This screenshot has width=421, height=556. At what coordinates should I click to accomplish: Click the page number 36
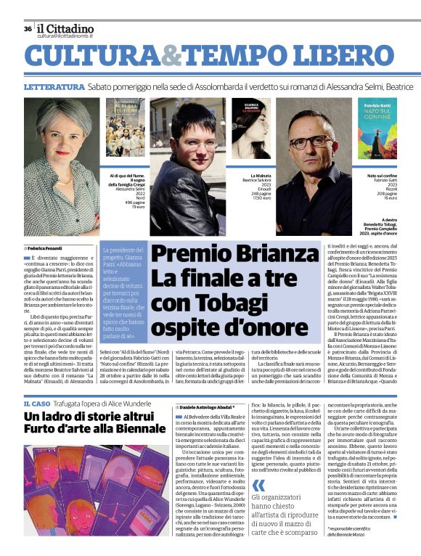click(27, 29)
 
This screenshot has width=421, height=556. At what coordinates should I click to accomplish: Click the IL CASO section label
click(36, 403)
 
